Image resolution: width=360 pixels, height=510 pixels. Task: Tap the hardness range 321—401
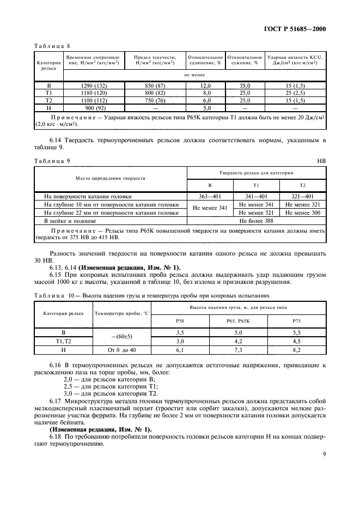[x=302, y=197]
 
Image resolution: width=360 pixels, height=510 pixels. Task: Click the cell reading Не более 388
[x=257, y=221]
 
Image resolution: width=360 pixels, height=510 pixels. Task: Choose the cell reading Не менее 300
[x=302, y=213]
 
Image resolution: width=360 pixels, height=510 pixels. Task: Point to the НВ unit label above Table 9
[x=321, y=161]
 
